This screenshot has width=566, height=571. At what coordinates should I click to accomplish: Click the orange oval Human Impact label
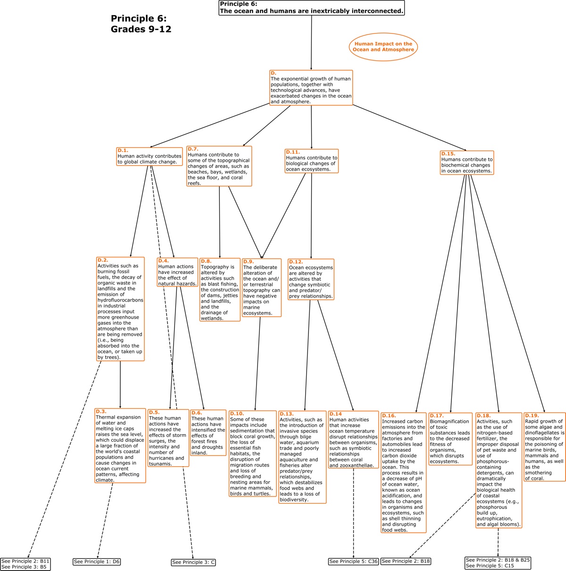pos(383,47)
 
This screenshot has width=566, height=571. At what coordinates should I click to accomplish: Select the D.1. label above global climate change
pos(123,151)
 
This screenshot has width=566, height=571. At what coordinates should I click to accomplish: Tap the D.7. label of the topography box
pos(193,149)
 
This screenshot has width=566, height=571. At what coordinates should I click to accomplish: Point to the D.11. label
pos(293,152)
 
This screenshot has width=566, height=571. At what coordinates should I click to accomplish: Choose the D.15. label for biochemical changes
pos(448,154)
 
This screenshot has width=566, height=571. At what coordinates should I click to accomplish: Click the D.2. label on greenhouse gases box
pos(103,260)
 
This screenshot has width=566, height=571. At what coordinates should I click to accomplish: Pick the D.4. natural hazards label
pos(164,261)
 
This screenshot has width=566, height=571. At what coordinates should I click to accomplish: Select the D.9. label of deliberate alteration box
pos(249,261)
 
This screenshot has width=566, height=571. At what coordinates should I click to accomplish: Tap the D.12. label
pos(296,262)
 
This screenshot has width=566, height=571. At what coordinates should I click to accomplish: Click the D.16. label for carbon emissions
pos(389,416)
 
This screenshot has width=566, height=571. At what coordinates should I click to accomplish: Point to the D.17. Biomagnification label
pos(437,416)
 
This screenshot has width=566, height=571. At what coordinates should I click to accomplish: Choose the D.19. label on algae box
pos(532,415)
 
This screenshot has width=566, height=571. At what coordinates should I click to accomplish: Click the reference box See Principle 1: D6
pos(97,562)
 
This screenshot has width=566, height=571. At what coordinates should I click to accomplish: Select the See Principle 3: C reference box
pos(193,562)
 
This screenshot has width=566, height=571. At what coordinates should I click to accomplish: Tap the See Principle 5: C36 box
pos(353,561)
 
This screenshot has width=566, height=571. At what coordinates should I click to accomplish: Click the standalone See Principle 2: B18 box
pos(406,561)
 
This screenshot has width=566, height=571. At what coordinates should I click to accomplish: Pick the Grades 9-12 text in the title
pos(141,29)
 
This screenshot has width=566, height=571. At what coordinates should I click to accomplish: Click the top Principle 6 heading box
pos(311,8)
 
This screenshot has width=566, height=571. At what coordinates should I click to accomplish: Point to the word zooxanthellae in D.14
pos(357,465)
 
